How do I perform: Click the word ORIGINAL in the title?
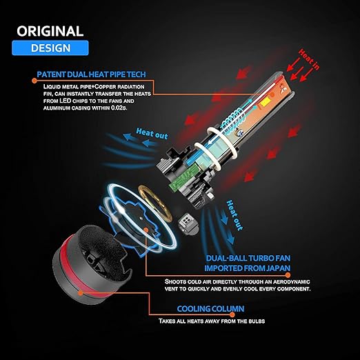pyautogui.click(x=50, y=31)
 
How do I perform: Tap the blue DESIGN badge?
pyautogui.click(x=50, y=48)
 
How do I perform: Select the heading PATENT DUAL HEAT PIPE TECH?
pyautogui.click(x=91, y=74)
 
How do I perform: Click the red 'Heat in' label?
pyautogui.click(x=309, y=59)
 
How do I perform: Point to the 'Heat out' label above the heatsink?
pyautogui.click(x=152, y=134)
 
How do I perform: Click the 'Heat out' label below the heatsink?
pyautogui.click(x=234, y=215)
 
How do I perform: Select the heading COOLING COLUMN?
pyautogui.click(x=210, y=309)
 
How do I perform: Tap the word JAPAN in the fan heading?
pyautogui.click(x=278, y=268)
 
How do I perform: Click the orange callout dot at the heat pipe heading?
pyautogui.click(x=34, y=81)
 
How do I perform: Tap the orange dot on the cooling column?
pyautogui.click(x=80, y=293)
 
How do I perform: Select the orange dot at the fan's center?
pyautogui.click(x=146, y=230)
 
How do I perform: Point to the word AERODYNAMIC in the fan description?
pyautogui.click(x=292, y=281)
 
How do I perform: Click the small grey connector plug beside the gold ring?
pyautogui.click(x=188, y=222)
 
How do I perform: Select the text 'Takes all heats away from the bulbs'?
pyautogui.click(x=212, y=321)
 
